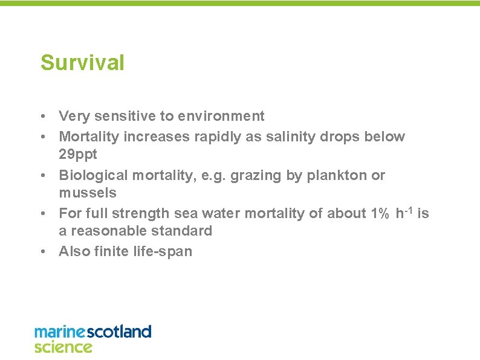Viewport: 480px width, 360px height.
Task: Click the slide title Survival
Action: (82, 63)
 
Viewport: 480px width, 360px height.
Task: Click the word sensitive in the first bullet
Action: (123, 116)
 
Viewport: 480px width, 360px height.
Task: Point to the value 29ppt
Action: (77, 155)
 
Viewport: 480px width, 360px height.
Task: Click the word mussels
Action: (87, 193)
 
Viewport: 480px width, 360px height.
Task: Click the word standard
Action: (184, 231)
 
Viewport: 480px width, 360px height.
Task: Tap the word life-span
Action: (161, 251)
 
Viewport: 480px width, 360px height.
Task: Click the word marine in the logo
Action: (60, 332)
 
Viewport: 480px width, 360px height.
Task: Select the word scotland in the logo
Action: (119, 332)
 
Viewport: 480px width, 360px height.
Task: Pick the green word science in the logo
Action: (63, 347)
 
